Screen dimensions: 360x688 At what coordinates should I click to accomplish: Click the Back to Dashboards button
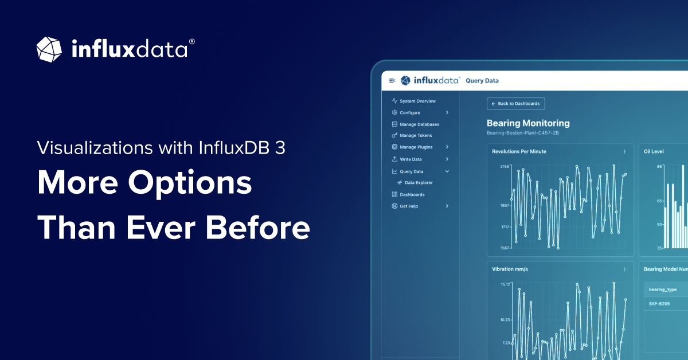pos(516,104)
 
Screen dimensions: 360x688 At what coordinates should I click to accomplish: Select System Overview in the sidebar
pos(417,101)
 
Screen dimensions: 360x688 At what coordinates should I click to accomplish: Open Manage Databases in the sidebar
pos(419,124)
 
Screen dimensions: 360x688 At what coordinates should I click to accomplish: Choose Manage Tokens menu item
pos(416,136)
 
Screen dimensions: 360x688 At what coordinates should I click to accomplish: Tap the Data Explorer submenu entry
pos(419,183)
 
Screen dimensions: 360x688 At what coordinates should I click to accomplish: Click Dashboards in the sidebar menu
pos(412,194)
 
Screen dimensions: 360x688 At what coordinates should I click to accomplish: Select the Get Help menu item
pos(409,206)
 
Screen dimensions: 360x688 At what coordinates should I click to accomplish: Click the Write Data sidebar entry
pos(411,159)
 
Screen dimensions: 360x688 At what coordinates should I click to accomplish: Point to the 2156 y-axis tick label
pos(505,167)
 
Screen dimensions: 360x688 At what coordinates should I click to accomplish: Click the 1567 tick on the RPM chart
pos(505,248)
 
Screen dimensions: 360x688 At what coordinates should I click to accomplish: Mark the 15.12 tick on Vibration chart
pos(505,284)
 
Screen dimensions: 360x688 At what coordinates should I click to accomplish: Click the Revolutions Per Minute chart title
pos(519,151)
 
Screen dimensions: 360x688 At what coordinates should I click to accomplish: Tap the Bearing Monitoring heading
pos(528,123)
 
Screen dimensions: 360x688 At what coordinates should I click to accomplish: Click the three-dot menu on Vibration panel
pos(624,269)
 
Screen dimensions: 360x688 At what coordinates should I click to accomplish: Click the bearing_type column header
pos(662,289)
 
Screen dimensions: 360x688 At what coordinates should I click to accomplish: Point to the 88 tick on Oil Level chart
pos(659,167)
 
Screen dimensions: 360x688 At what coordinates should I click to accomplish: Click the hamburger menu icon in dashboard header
pos(392,81)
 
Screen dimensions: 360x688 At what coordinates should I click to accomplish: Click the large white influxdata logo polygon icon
pos(49,49)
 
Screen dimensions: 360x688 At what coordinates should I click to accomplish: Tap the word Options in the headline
pos(190,183)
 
